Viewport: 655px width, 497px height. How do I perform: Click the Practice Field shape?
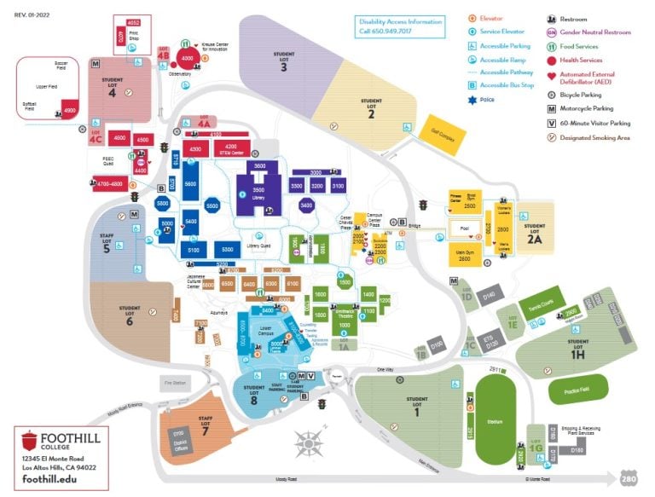click(571, 389)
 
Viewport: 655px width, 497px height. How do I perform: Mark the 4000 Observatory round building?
click(185, 59)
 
